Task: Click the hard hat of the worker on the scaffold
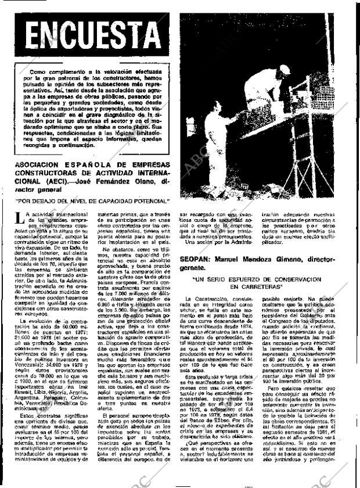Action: click(284, 69)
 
